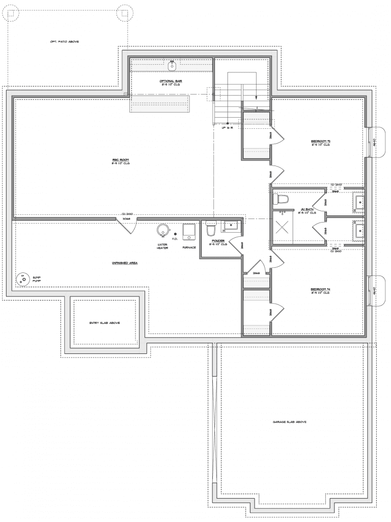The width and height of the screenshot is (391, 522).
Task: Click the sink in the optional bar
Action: [x=172, y=66]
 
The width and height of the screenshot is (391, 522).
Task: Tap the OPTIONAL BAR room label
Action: [x=171, y=81]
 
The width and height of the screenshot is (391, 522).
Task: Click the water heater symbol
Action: [x=163, y=231]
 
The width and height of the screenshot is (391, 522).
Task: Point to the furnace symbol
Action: [x=189, y=231]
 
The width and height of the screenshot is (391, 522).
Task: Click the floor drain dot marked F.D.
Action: [x=175, y=234]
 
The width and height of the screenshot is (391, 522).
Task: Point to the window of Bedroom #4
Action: [x=370, y=291]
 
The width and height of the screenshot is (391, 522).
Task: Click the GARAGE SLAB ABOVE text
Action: [x=289, y=422]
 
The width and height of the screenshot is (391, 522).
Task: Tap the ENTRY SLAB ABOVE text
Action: [x=105, y=323]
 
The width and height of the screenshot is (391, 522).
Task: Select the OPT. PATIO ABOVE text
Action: [x=64, y=41]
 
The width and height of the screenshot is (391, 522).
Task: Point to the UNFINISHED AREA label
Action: [x=125, y=263]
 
